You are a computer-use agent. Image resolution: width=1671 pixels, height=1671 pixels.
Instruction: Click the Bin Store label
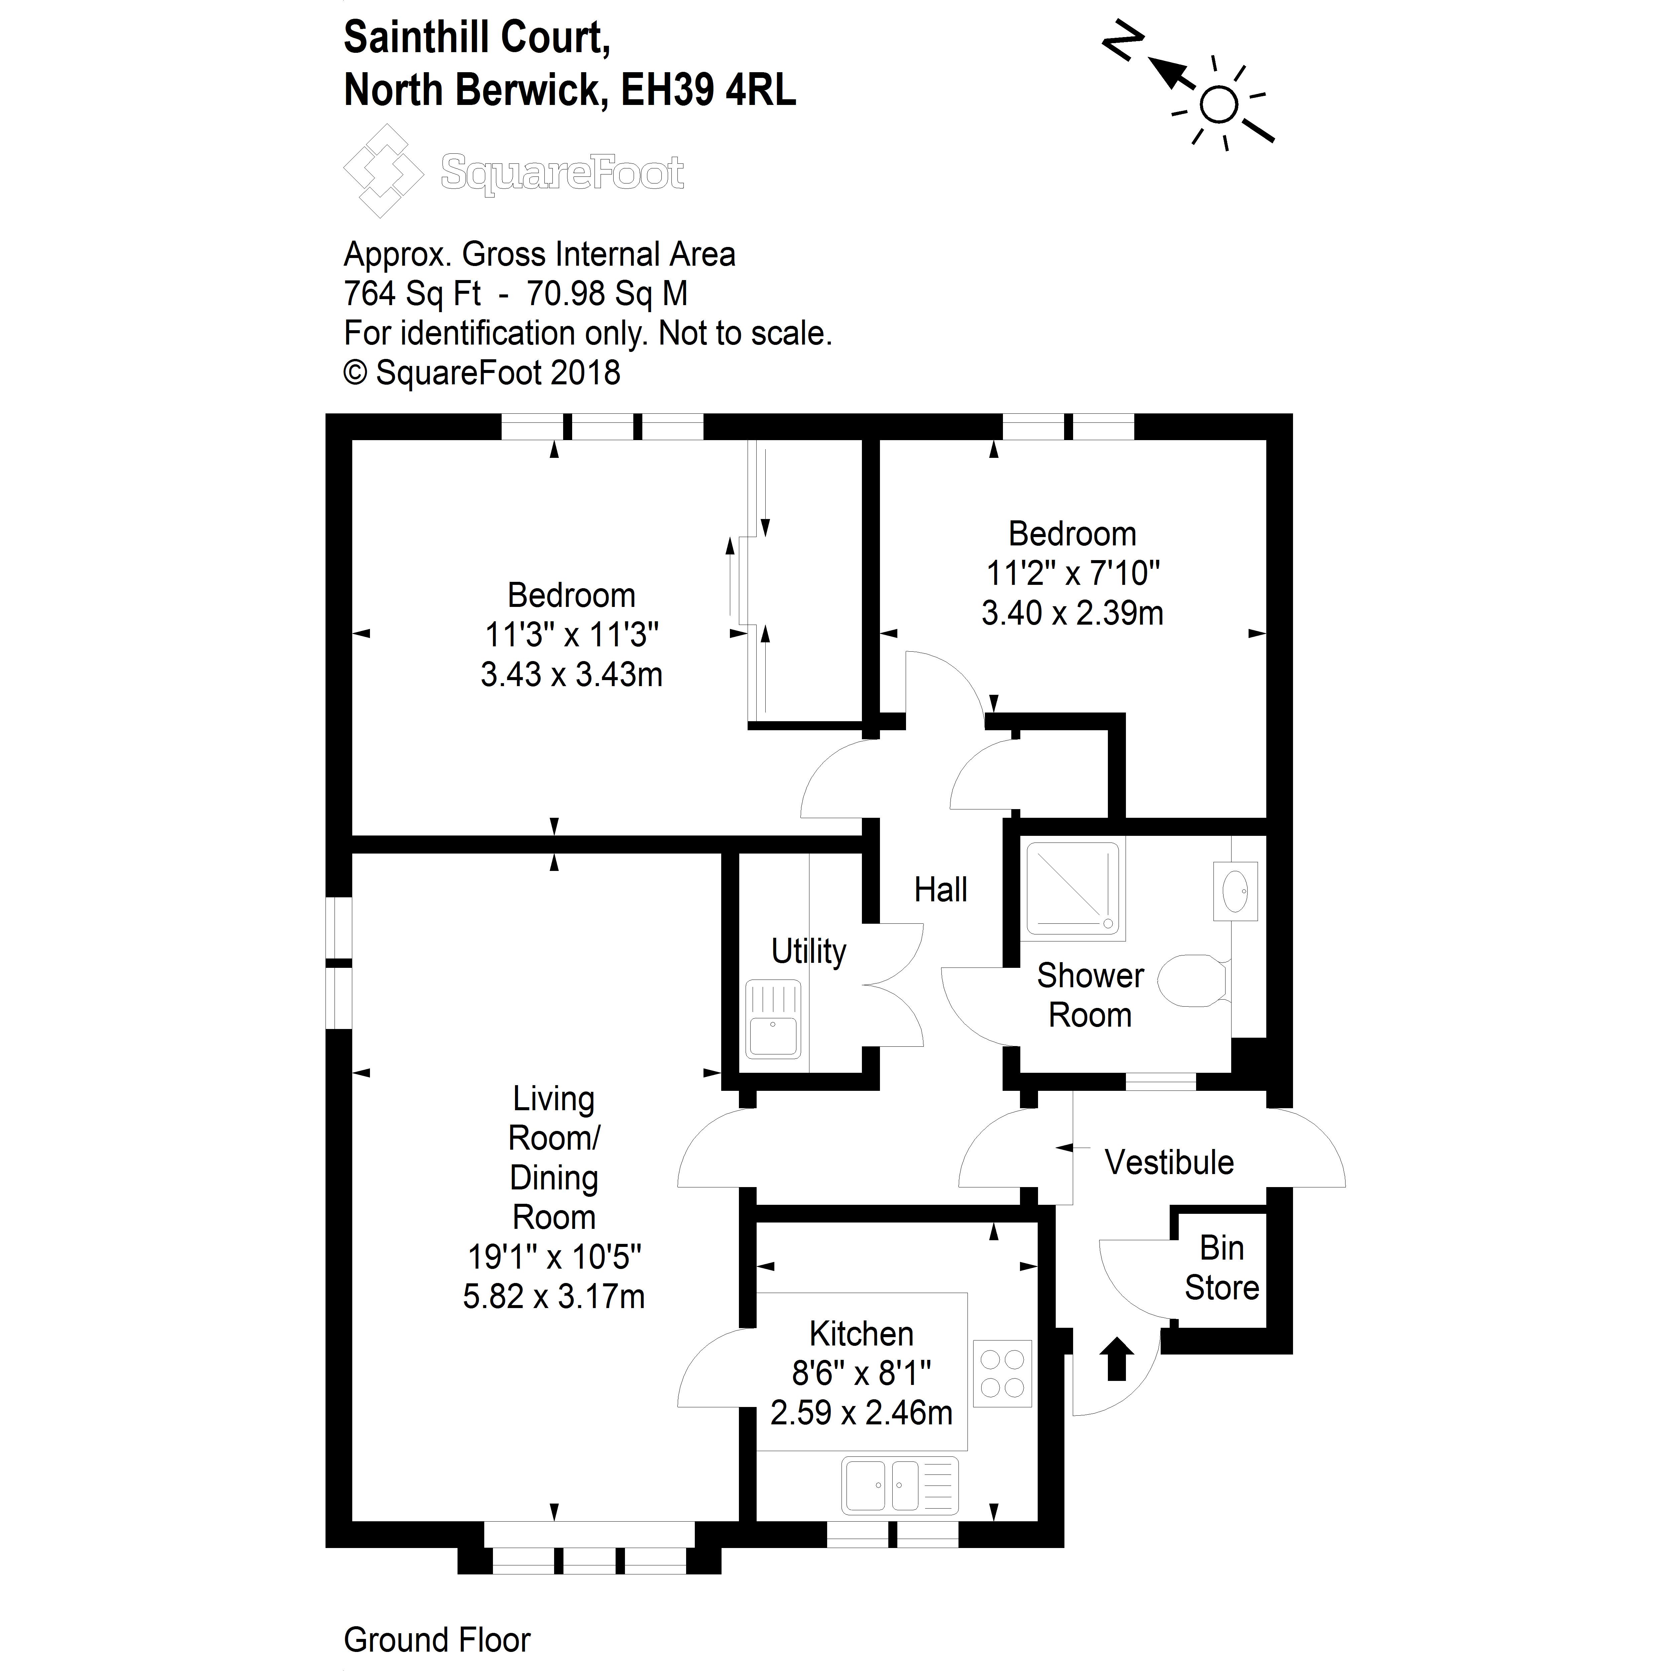(1221, 1268)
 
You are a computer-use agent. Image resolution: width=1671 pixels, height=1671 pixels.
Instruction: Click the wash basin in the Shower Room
(1235, 891)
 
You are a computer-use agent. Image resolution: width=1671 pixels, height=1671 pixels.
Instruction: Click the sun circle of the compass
(1219, 106)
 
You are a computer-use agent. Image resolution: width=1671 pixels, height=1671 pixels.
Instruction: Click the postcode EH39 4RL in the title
(709, 90)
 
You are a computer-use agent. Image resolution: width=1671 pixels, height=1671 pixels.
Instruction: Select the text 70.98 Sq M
(607, 294)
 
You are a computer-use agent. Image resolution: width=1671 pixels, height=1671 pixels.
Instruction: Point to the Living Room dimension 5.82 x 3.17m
(553, 1296)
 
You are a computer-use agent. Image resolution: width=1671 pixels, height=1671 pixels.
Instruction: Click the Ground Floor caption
(437, 1639)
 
